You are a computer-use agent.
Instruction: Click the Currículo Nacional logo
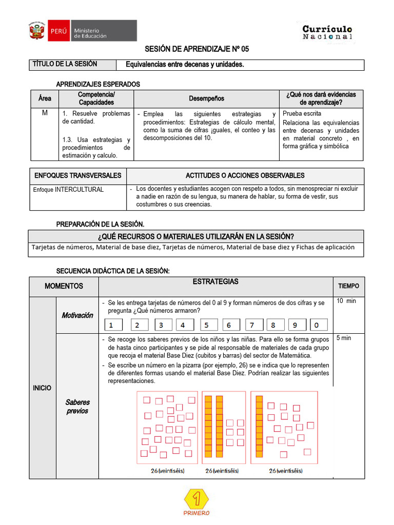coord(327,32)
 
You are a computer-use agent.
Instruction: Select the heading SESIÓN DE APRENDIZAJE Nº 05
coord(196,50)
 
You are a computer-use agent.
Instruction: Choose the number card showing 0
coord(318,325)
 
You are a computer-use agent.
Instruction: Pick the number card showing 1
coord(113,325)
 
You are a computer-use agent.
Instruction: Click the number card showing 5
coord(206,325)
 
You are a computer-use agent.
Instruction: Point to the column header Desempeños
coord(206,98)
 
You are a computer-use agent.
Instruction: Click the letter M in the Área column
coord(45,113)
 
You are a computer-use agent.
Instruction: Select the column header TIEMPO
coord(348,286)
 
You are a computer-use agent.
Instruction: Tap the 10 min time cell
coord(346,301)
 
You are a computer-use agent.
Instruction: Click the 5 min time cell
coord(344,338)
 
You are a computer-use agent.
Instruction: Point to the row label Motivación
coord(77,315)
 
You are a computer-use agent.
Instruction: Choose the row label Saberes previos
coord(77,407)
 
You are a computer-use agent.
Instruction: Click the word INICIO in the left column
coord(42,388)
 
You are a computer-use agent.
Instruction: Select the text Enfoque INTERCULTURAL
coord(68,190)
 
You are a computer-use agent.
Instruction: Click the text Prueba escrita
coord(302,113)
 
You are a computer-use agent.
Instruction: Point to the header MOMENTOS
coord(64,286)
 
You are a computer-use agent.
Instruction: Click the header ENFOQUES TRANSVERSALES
coord(78,175)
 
